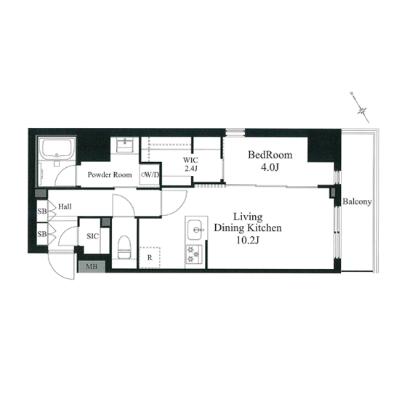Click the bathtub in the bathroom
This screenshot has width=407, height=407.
(57, 149)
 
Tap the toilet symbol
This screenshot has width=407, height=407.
(124, 247)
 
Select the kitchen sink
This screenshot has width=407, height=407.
(195, 230)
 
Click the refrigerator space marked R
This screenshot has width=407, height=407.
(150, 258)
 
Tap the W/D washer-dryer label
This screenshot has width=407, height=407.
(150, 174)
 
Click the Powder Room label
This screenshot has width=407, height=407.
(110, 174)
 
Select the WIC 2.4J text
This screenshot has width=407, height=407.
(190, 164)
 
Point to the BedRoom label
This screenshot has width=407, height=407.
(270, 155)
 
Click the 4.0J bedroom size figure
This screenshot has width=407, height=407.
(270, 168)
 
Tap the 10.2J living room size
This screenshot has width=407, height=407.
(248, 241)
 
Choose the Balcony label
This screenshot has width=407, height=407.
(357, 202)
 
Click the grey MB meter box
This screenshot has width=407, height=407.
(92, 266)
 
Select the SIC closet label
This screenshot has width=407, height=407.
(93, 236)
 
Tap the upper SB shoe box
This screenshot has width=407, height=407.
(42, 211)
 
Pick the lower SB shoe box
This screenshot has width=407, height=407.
(42, 234)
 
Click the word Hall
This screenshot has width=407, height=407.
(65, 206)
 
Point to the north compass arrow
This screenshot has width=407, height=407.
(360, 108)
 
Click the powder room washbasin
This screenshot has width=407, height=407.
(125, 145)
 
